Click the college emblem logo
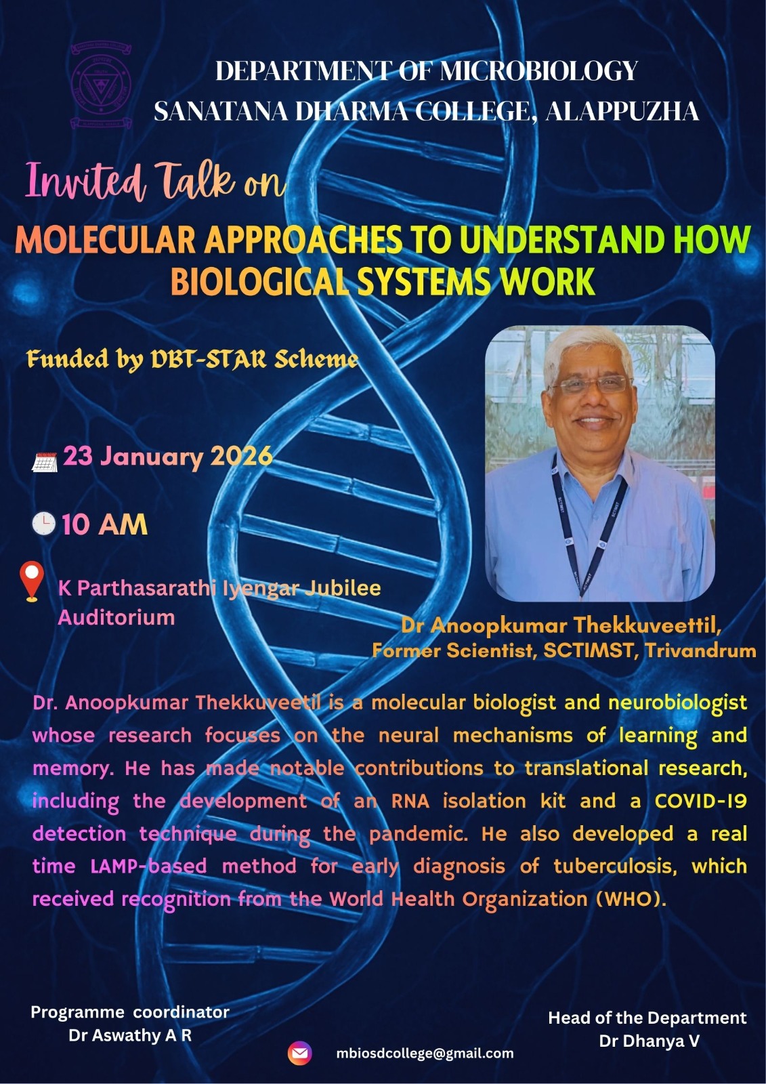[x=102, y=85]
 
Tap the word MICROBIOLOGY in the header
[x=538, y=71]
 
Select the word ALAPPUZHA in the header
[x=622, y=111]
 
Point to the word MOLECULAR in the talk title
[x=105, y=240]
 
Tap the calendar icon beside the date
[x=45, y=462]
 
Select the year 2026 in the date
[x=241, y=456]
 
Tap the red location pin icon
[x=32, y=581]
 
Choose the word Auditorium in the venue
[x=116, y=617]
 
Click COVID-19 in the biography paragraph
[x=700, y=801]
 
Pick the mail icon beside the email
[x=299, y=1053]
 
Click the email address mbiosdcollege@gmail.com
[x=425, y=1054]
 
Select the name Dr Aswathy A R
[x=130, y=1035]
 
